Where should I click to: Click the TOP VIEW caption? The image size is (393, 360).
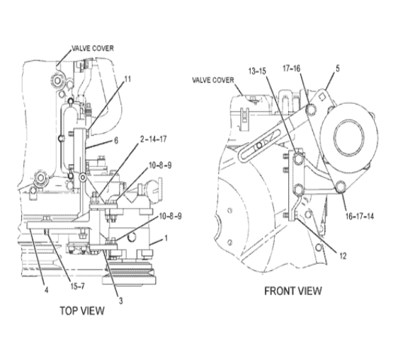(x=82, y=310)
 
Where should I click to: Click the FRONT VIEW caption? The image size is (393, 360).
(x=293, y=291)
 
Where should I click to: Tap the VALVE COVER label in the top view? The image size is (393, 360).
(x=93, y=48)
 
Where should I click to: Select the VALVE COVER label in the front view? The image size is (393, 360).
(x=213, y=80)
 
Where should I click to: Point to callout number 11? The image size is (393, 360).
(x=128, y=79)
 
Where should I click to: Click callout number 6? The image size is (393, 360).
(x=116, y=141)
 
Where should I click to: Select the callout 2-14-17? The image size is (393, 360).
(x=153, y=139)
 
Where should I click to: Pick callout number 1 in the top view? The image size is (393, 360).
(x=166, y=238)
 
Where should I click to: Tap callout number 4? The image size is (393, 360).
(x=46, y=290)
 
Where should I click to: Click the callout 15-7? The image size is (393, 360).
(x=77, y=286)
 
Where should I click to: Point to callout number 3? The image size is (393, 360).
(x=121, y=301)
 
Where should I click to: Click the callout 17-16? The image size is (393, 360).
(x=292, y=69)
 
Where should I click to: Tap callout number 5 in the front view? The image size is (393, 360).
(x=338, y=69)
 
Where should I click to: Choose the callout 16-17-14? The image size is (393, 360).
(x=360, y=216)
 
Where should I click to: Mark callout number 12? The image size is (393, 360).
(x=343, y=256)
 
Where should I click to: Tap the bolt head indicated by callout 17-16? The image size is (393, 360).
(x=312, y=109)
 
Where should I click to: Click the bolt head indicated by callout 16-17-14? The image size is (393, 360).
(x=341, y=187)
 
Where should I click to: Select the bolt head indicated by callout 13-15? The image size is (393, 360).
(x=298, y=159)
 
